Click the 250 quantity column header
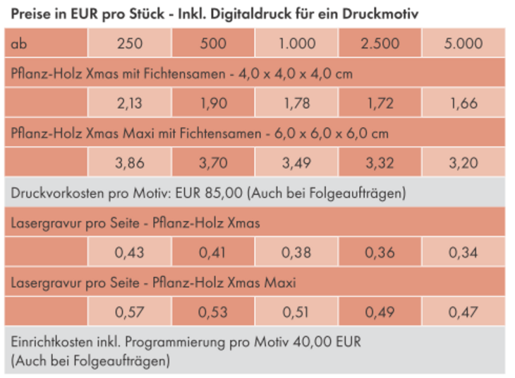coord(130,44)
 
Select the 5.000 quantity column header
coord(464,44)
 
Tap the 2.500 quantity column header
coord(380,44)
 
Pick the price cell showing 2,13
coord(130,103)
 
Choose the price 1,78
coord(296,103)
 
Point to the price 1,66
coord(464,103)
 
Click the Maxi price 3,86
coord(130,163)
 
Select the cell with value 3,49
coord(296,163)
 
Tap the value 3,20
coord(464,163)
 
